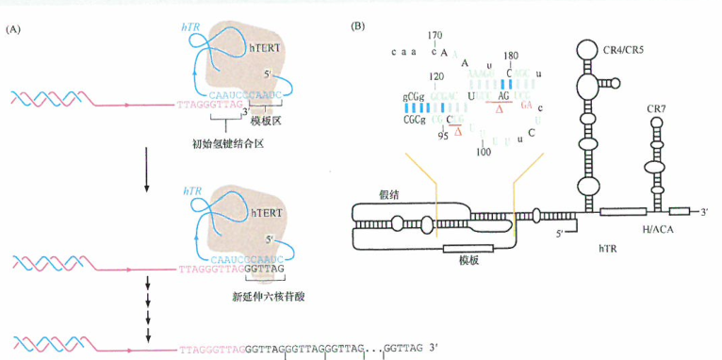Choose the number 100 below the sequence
tap(484, 151)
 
